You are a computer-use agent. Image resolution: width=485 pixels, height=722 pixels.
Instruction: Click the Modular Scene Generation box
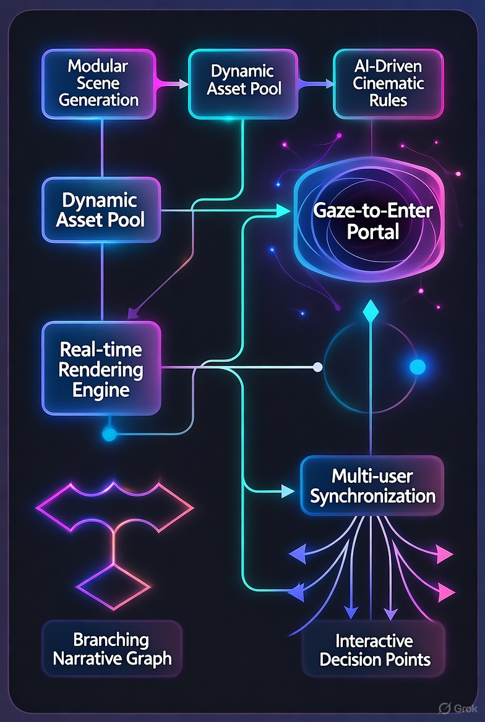click(99, 83)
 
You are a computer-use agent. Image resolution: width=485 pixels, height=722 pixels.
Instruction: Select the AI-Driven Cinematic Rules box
click(388, 83)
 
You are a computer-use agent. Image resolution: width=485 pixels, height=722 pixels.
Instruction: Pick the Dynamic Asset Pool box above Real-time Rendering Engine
click(100, 210)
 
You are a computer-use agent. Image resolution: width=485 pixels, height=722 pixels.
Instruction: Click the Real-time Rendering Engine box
click(101, 369)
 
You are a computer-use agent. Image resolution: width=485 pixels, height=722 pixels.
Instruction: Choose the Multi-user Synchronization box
click(372, 486)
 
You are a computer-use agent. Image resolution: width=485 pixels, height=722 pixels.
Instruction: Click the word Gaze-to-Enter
click(372, 211)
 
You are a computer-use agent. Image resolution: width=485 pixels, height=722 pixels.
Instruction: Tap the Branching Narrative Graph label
click(112, 648)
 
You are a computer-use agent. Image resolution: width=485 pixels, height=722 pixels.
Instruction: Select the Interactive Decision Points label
click(375, 650)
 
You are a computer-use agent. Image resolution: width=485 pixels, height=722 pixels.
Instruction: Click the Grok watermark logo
click(444, 708)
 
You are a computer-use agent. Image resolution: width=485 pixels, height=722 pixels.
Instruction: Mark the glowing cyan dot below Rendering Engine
click(109, 434)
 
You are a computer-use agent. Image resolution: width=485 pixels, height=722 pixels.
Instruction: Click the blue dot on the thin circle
click(418, 367)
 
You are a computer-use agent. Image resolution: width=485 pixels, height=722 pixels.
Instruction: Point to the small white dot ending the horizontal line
click(318, 367)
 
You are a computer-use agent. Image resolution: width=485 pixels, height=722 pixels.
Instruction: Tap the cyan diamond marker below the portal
click(370, 311)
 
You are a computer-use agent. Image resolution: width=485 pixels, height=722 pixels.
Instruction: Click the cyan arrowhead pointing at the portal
click(284, 211)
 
